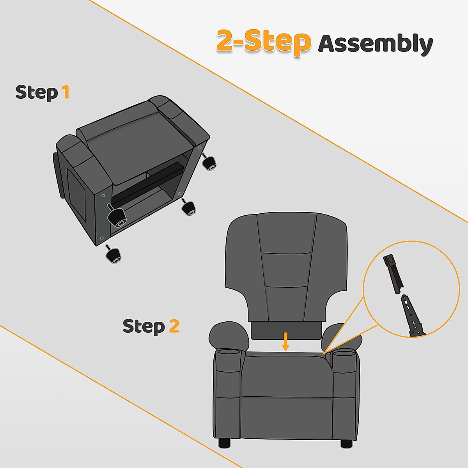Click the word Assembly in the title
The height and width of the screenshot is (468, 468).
point(375,44)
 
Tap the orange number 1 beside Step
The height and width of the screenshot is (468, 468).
point(66,92)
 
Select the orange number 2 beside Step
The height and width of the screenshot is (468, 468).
point(174,326)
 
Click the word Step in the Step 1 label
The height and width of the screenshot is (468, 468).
point(37,93)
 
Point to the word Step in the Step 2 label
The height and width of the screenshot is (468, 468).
point(144,326)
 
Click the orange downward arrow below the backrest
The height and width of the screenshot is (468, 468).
point(286,342)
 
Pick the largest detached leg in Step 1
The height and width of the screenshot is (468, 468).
point(117,217)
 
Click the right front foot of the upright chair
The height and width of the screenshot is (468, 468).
point(346,443)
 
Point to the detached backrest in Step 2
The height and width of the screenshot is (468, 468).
point(286,265)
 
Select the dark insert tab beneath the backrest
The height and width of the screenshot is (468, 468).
point(286,330)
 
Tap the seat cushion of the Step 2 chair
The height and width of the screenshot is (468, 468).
point(286,374)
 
